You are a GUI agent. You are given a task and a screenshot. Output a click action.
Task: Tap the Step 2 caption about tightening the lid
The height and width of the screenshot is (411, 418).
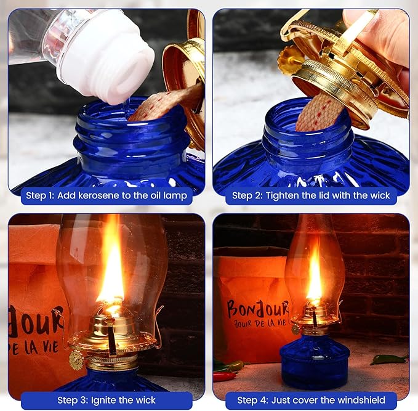pos(311,196)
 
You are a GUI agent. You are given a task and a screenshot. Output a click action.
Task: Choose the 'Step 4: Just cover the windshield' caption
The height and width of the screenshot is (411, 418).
pos(311,400)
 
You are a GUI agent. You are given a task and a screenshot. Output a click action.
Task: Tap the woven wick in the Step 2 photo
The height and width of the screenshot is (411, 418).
pos(318,111)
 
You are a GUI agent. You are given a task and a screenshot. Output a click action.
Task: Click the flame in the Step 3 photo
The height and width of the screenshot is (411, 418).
pos(112,265)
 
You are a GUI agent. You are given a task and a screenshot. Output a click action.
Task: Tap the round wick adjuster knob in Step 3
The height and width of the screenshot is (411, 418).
pos(76,360)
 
